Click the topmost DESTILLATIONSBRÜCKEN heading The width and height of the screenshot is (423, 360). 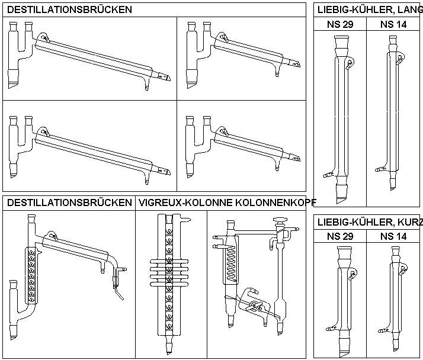(69, 9)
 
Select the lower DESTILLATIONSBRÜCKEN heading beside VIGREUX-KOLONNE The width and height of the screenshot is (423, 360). (69, 202)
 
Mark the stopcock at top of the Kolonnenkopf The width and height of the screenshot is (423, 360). (281, 224)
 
